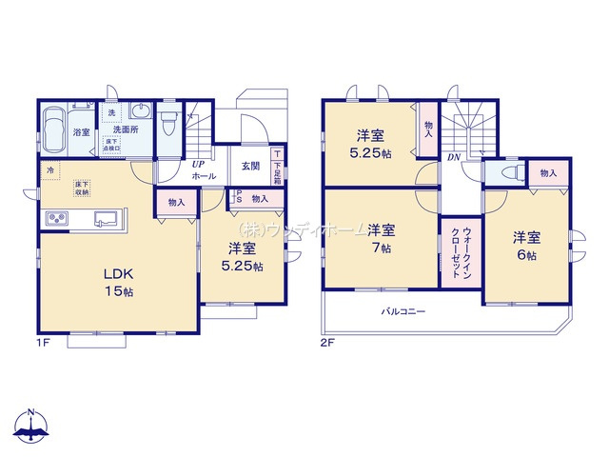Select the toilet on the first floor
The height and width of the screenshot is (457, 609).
[x=169, y=122]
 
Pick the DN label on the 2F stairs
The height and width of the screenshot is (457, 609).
[x=455, y=157]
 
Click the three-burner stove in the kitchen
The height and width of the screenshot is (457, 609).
[x=56, y=221]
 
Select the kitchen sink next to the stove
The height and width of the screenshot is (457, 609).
[x=106, y=219]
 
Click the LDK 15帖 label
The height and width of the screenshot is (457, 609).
[x=118, y=281]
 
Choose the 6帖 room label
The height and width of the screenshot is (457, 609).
[x=526, y=246]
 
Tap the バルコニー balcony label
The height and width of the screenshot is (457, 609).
[x=403, y=311]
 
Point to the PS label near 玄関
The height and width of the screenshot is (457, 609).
[x=239, y=198]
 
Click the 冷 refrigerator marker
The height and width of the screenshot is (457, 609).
[x=49, y=169]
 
